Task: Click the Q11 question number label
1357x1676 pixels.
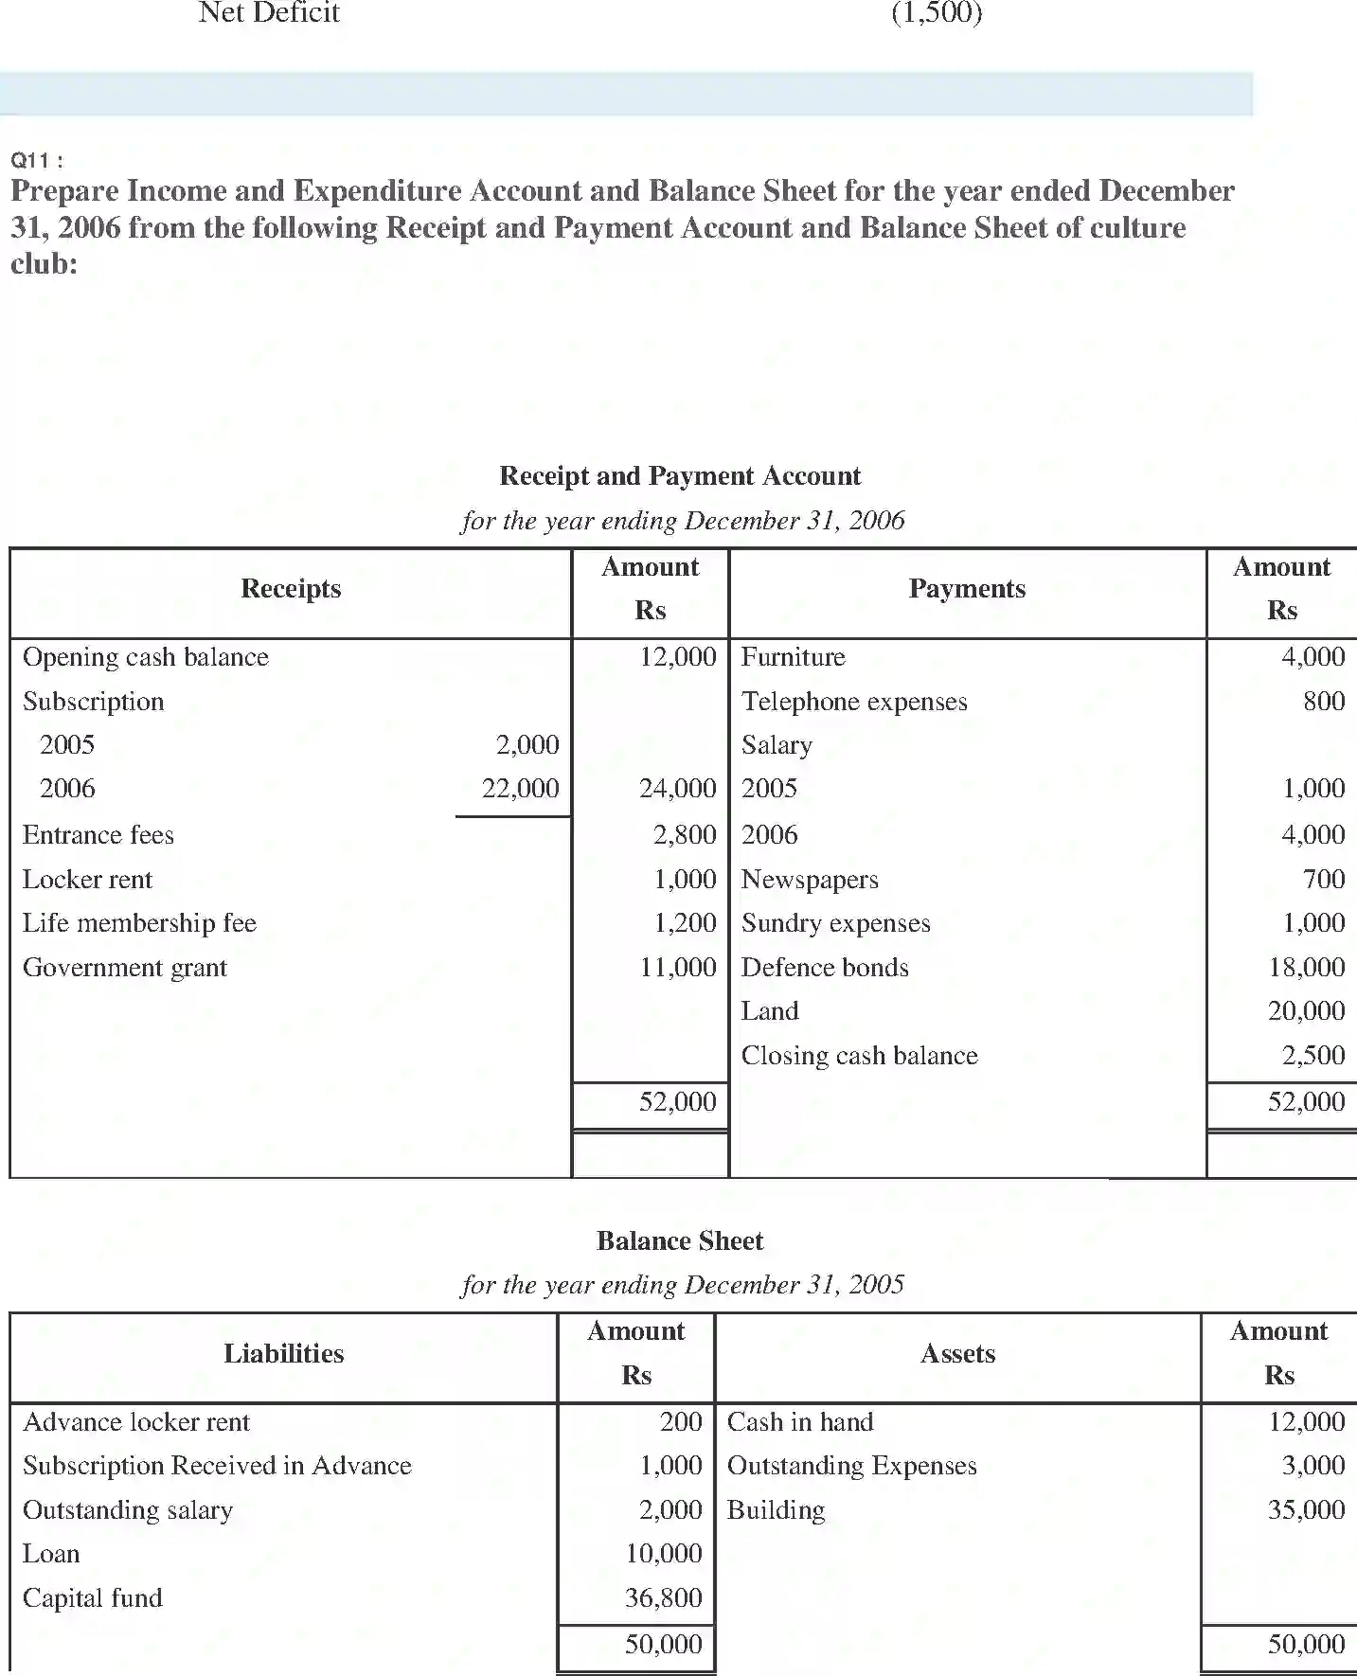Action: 37,160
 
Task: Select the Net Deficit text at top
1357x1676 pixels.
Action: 269,13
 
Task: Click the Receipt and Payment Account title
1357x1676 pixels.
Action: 680,475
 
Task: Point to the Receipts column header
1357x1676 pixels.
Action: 291,589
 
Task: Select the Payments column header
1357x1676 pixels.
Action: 967,589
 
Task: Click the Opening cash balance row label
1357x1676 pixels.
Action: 146,657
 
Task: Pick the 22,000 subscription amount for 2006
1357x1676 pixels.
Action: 520,788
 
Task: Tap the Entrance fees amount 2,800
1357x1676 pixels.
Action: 685,834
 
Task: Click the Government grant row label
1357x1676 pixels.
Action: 125,968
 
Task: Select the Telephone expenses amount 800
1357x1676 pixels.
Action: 1324,701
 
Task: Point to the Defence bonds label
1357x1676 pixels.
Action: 825,968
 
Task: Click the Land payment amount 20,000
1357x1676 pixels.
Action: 1306,1011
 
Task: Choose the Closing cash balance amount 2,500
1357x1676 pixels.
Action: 1312,1056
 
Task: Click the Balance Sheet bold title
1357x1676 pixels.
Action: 680,1240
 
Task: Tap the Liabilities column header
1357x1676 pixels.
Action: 283,1354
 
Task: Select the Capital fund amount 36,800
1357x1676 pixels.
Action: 664,1597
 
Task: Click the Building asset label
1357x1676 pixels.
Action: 776,1510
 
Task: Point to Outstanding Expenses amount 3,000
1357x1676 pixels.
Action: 1312,1466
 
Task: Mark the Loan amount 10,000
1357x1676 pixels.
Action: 664,1554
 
